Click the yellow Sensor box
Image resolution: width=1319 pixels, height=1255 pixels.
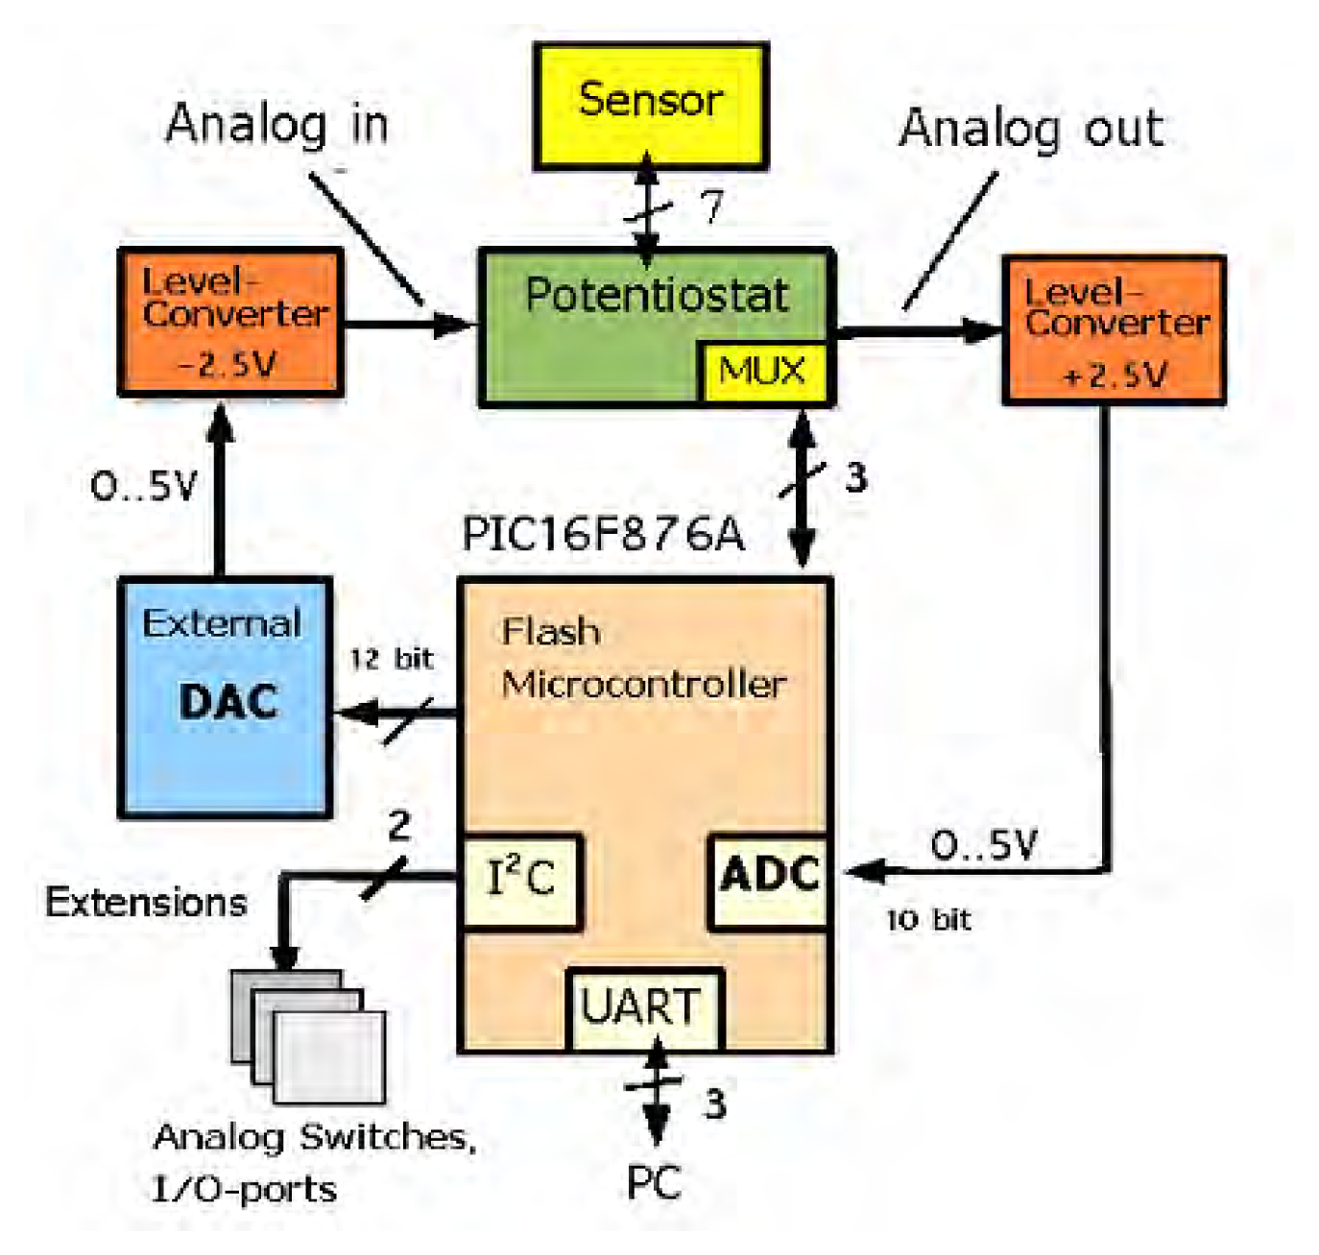coord(651,106)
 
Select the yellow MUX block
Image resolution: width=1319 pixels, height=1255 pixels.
coord(762,371)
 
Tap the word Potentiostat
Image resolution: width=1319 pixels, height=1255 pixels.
coord(657,295)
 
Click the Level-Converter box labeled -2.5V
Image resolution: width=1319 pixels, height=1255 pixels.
coord(230,323)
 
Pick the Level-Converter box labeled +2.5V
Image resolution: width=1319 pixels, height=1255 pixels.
coord(1114,330)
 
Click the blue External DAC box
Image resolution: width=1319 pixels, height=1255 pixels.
coord(226,698)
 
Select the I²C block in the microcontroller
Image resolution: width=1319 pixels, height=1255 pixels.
coord(521,880)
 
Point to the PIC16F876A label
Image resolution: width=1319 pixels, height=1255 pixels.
coord(603,534)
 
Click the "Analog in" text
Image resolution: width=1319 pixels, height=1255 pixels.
coord(276,125)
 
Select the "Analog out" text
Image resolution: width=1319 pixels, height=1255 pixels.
coord(1031,129)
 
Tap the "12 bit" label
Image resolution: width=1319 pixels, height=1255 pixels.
coord(391,660)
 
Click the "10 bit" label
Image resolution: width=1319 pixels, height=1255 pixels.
coord(928,920)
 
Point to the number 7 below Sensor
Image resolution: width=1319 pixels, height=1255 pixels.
coord(710,205)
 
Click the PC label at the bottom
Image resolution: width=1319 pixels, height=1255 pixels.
coord(654,1183)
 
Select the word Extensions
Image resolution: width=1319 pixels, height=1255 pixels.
coord(146,903)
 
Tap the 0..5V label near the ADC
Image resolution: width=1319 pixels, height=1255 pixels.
coord(984,845)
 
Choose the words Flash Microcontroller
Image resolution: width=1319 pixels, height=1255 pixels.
coord(643,659)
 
